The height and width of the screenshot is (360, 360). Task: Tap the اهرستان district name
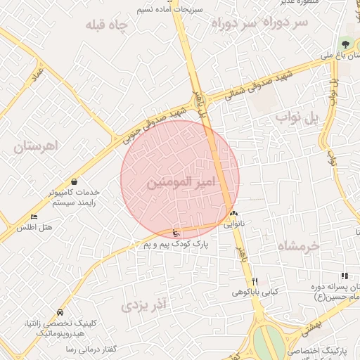click(x=37, y=146)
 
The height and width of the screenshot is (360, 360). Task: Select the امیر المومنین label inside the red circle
click(x=179, y=183)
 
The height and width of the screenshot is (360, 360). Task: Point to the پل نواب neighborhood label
click(x=297, y=117)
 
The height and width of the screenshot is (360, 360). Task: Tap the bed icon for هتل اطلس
click(x=34, y=217)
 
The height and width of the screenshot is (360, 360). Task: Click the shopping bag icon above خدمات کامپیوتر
click(x=74, y=181)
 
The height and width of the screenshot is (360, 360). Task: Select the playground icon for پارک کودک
click(x=175, y=233)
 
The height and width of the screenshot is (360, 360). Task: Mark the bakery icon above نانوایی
click(x=233, y=214)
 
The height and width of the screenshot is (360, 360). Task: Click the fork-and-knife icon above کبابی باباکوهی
click(x=255, y=281)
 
